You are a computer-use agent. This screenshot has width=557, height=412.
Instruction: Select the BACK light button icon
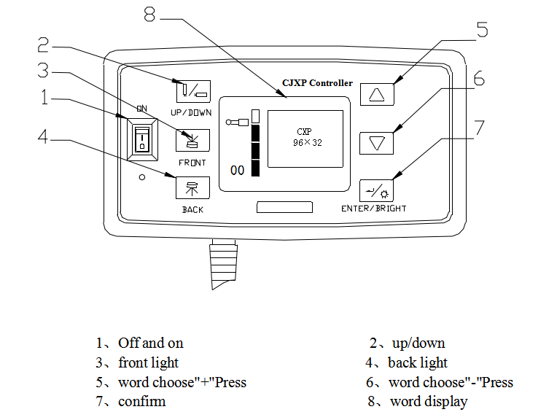pyautogui.click(x=192, y=187)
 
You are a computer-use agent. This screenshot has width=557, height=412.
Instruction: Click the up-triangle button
pyautogui.click(x=376, y=95)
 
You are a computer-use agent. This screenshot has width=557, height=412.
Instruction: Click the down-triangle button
pyautogui.click(x=376, y=142)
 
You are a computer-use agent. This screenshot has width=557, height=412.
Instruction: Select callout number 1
pyautogui.click(x=45, y=97)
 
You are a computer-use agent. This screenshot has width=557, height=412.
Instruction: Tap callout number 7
pyautogui.click(x=479, y=127)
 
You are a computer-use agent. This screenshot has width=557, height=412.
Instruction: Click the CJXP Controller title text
pyautogui.click(x=317, y=83)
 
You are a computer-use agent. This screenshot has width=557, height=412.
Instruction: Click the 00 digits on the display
pyautogui.click(x=237, y=171)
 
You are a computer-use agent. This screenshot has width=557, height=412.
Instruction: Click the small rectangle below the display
pyautogui.click(x=284, y=208)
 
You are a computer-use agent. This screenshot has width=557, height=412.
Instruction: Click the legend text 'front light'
pyautogui.click(x=148, y=362)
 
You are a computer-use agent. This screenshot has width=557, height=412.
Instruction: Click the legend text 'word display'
pyautogui.click(x=429, y=401)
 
